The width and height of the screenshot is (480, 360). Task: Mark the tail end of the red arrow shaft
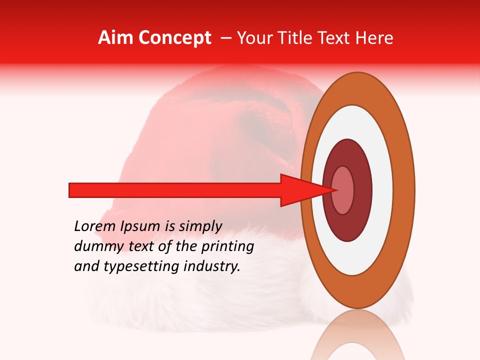pyautogui.click(x=72, y=190)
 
